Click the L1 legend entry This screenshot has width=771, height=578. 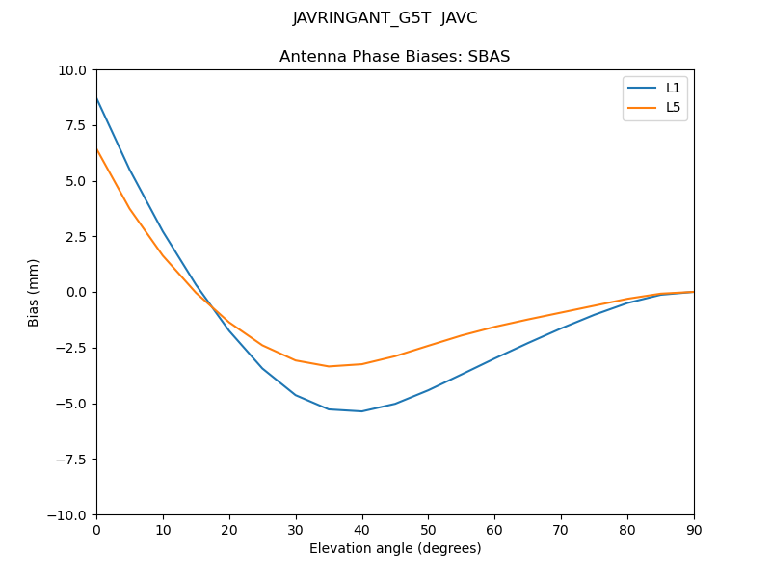coord(673,88)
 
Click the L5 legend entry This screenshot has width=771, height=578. coord(673,107)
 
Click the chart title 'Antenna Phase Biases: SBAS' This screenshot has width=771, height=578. coord(394,57)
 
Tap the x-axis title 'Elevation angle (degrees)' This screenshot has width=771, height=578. coord(394,548)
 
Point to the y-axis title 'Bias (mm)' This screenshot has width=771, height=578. coord(34,292)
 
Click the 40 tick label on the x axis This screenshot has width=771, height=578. coord(361,530)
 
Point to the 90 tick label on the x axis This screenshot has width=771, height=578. coord(693,530)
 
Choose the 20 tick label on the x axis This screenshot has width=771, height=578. coord(229,530)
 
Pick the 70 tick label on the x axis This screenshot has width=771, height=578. coord(561,530)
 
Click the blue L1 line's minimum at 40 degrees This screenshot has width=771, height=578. coord(361,411)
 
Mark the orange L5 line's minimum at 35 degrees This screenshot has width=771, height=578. coord(329,366)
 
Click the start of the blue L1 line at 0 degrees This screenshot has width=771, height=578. coord(97,98)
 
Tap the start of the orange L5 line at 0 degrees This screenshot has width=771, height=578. coord(97,149)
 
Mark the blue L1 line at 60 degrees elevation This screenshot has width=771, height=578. coord(494,358)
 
